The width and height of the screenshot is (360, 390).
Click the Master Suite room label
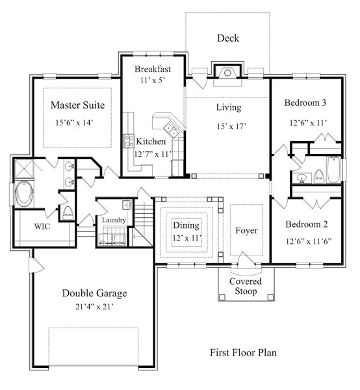point(77,105)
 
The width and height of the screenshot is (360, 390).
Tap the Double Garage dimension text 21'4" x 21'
point(94,307)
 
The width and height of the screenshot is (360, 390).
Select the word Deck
point(227,38)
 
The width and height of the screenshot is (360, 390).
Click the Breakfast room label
point(153,69)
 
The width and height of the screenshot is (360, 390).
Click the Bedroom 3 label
point(305,103)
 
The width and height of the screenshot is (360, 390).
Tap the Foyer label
point(246,231)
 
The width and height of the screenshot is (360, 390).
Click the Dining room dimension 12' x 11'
point(186,239)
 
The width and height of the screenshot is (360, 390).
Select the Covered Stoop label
point(246,286)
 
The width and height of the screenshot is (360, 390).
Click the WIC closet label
point(42,227)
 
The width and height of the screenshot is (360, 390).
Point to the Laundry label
point(113,220)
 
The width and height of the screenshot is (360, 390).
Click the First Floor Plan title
point(243,353)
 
